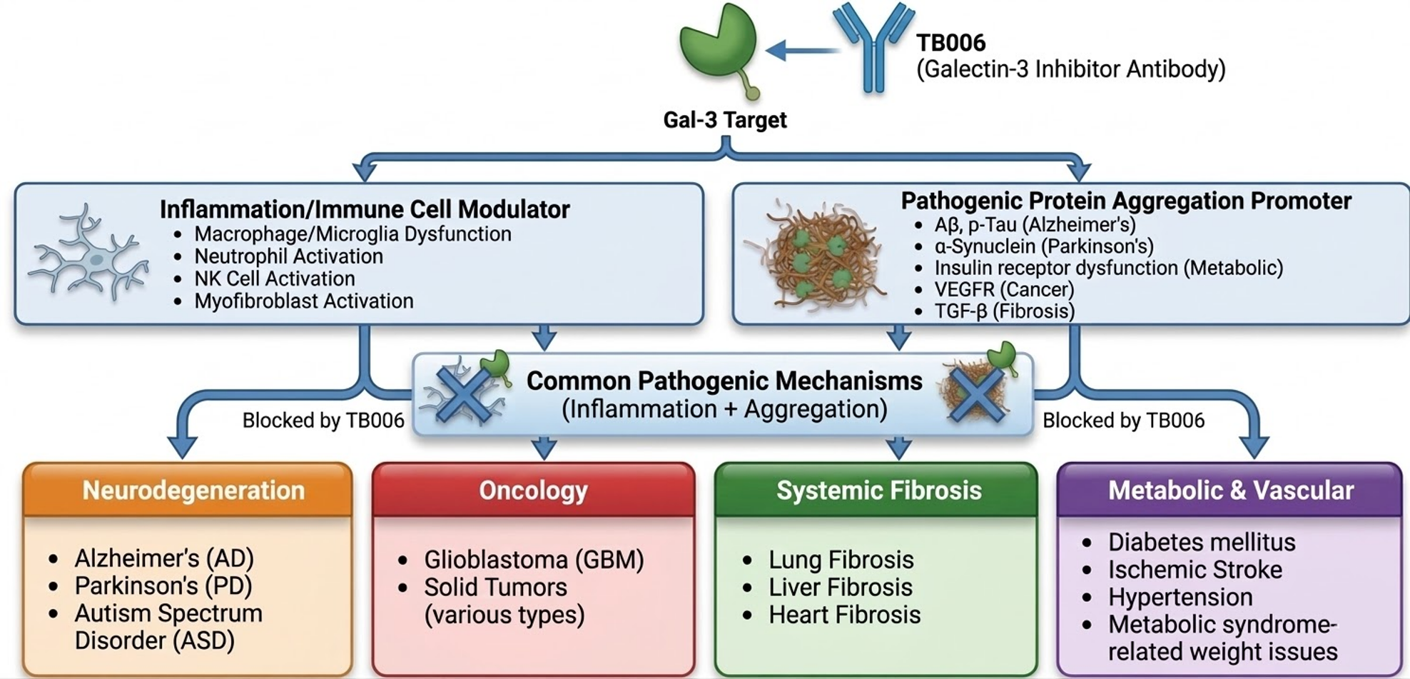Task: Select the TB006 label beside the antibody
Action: click(951, 43)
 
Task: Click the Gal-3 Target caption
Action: click(725, 119)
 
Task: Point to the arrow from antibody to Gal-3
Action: click(802, 50)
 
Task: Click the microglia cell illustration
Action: click(89, 253)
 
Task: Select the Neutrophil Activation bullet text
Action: click(288, 256)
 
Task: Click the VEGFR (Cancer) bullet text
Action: click(1004, 289)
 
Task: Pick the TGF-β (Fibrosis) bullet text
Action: click(1004, 311)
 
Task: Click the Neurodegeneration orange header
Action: click(193, 491)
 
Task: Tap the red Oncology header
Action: click(533, 491)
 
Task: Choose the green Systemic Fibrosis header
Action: click(878, 491)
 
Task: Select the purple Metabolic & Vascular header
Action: click(1230, 491)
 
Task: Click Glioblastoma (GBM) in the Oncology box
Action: click(534, 560)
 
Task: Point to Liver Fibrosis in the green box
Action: click(840, 587)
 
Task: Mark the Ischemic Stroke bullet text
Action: click(1195, 570)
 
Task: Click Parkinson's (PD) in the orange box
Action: click(163, 585)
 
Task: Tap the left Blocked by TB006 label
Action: click(323, 421)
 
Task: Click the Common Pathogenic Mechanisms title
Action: click(724, 381)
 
